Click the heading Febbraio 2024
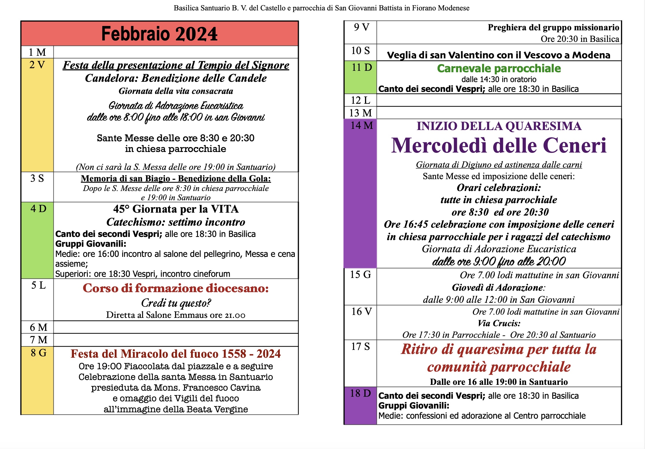tap(160, 34)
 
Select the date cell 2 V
tap(37, 115)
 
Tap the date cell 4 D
tap(37, 240)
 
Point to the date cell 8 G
tap(37, 380)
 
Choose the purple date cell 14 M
tap(360, 193)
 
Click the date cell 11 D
tap(360, 77)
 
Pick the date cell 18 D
tap(360, 405)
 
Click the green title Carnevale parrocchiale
tap(499, 69)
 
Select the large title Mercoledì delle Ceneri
tap(499, 145)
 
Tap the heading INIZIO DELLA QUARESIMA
tap(499, 126)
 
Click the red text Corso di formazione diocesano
tap(176, 288)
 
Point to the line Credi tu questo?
tap(176, 303)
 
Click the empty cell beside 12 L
tap(499, 100)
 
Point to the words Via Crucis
tap(499, 323)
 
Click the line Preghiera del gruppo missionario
tap(553, 27)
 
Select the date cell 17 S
tap(360, 363)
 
